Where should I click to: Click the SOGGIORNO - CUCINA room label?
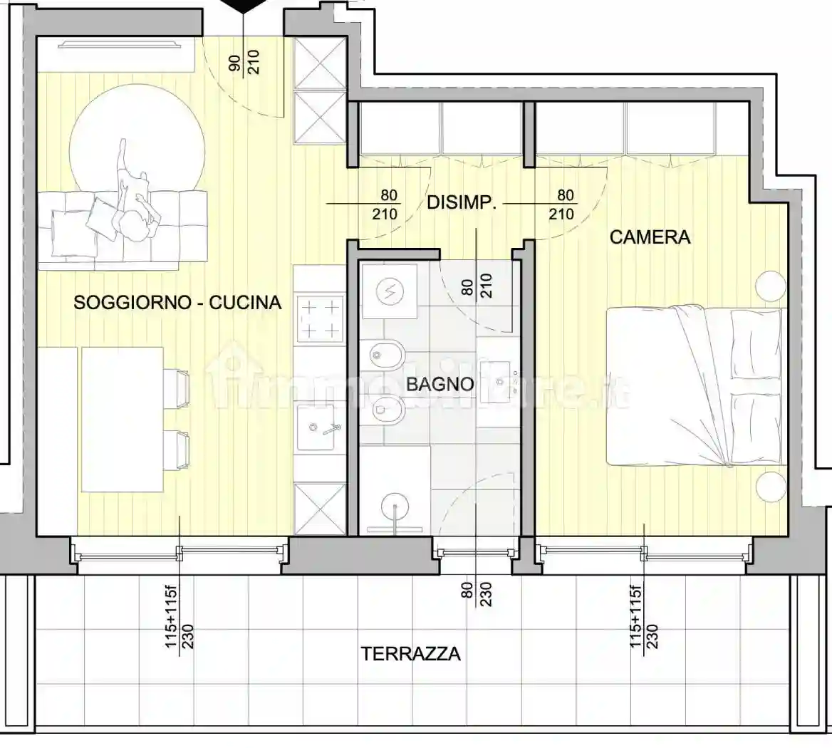tap(177, 303)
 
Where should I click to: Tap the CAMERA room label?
tap(650, 237)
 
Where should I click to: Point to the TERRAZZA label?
tap(410, 653)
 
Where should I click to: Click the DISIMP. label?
tap(461, 202)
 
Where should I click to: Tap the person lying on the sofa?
tap(133, 199)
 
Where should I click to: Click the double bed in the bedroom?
tap(695, 385)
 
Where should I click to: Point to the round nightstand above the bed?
tap(771, 286)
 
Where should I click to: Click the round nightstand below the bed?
tap(771, 487)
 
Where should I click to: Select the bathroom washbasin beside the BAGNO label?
tap(496, 372)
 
